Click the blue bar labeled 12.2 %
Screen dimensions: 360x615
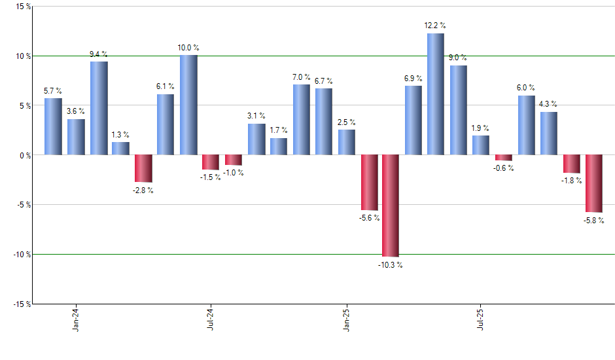pos(436,94)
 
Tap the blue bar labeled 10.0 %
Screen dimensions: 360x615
pos(188,105)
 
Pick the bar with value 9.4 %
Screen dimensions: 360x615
pos(99,108)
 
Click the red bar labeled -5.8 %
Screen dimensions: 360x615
pos(593,183)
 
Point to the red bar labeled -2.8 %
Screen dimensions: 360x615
pos(143,168)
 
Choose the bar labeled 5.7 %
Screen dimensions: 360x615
pos(53,126)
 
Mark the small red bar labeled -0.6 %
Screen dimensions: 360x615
pos(503,158)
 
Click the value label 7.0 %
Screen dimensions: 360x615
pos(302,78)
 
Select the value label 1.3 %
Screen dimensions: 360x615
pos(120,135)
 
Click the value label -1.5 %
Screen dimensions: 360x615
pos(211,177)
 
